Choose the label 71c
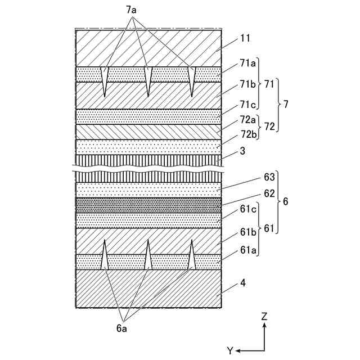pos(247,104)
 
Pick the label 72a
pos(247,120)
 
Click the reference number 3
pos(243,151)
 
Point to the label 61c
pos(247,210)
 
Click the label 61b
pos(247,232)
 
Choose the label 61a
pos(247,249)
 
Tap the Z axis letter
pos(264,317)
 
